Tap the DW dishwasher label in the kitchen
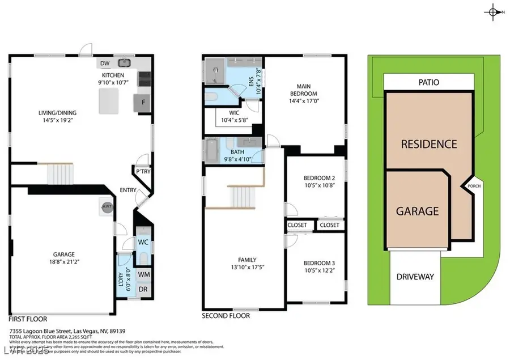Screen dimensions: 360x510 click(x=105, y=63)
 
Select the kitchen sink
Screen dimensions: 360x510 click(x=124, y=63)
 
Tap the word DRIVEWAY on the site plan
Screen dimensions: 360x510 click(x=415, y=277)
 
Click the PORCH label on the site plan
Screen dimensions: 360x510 click(x=474, y=185)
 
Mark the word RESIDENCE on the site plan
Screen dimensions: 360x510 click(x=428, y=144)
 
